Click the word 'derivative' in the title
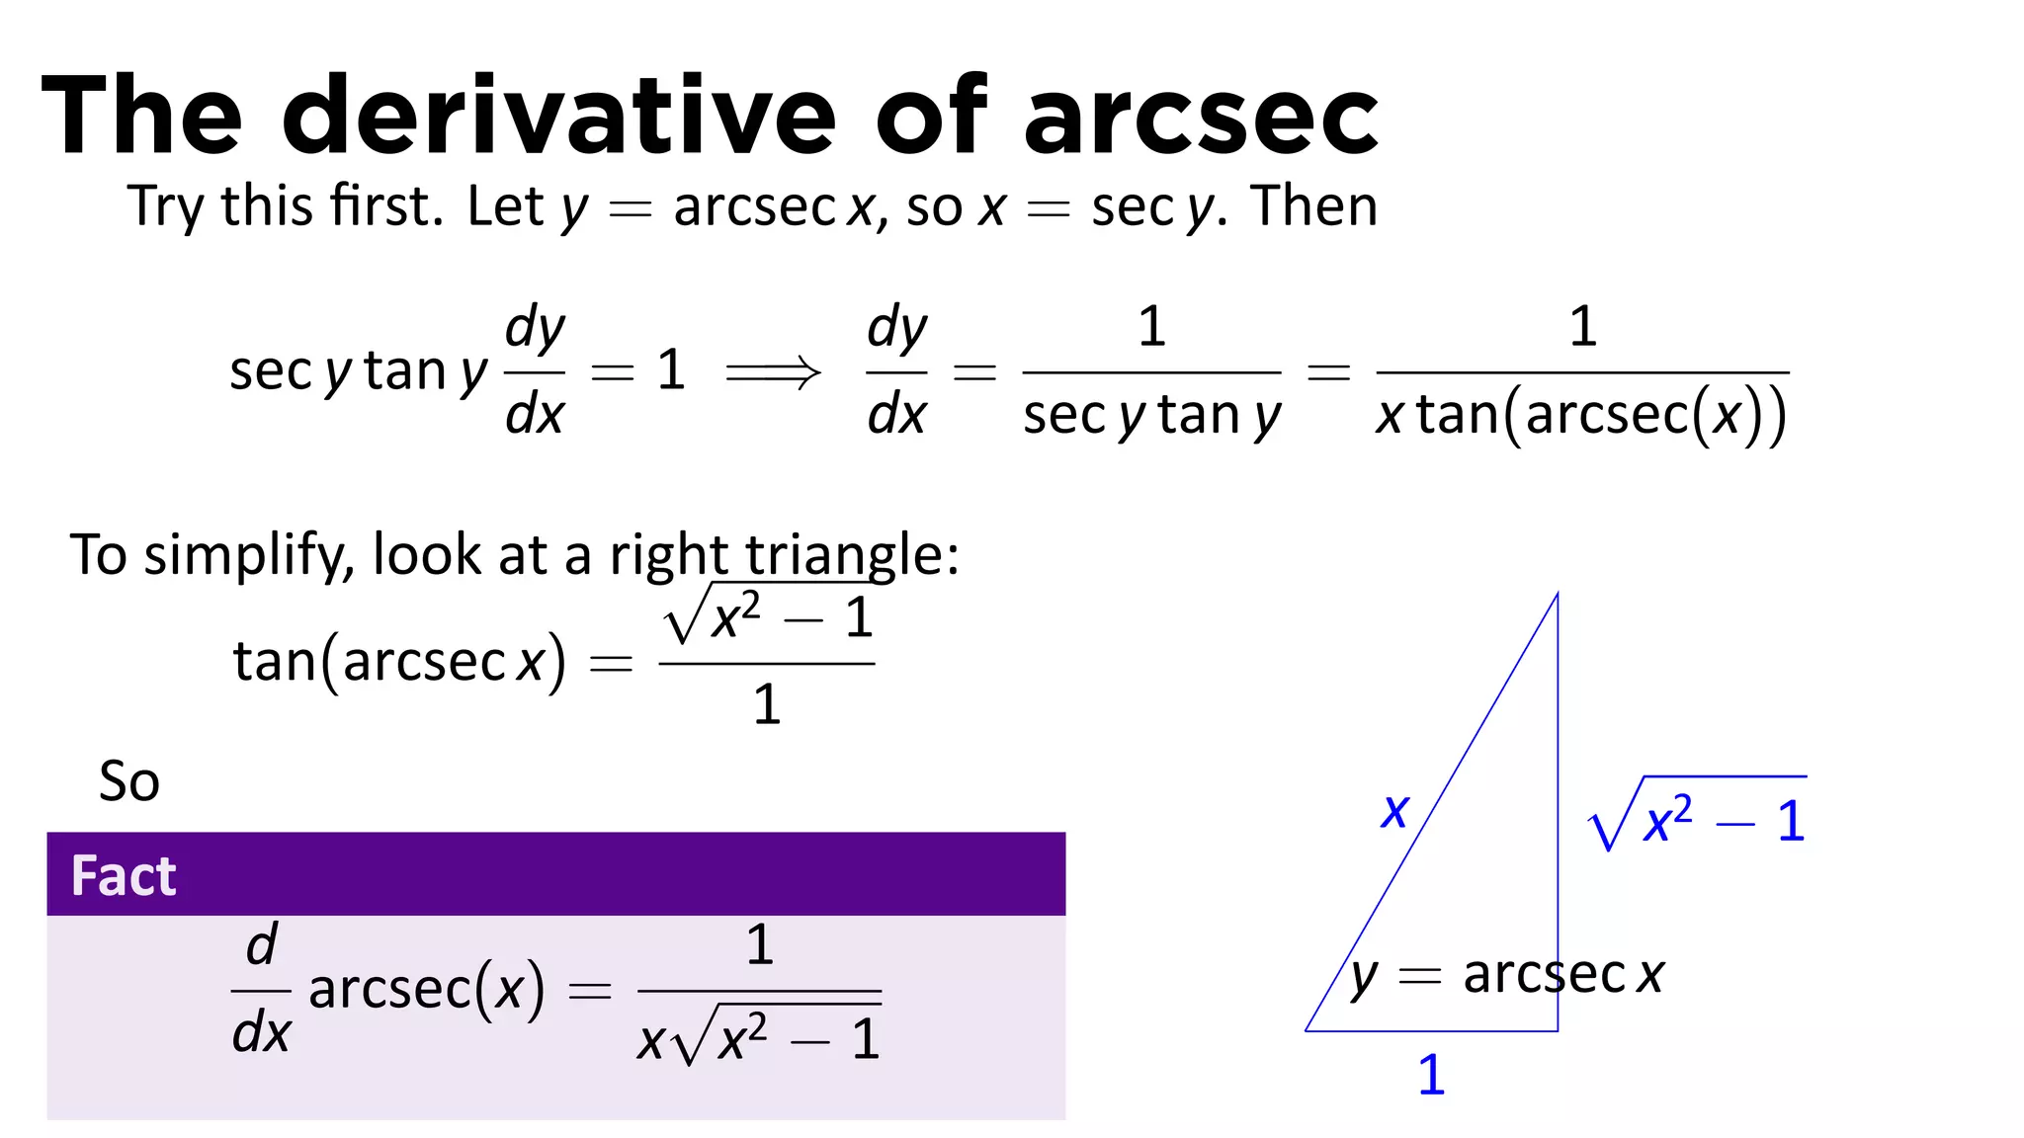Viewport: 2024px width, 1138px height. (559, 117)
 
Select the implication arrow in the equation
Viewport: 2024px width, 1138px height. (773, 372)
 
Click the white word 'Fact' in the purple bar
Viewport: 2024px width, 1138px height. (124, 875)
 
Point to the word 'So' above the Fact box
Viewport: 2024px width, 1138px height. (128, 781)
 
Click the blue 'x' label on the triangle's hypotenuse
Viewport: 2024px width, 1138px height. (1394, 812)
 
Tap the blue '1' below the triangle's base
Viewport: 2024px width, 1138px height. (1431, 1075)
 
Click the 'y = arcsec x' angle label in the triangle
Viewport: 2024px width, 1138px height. (1507, 975)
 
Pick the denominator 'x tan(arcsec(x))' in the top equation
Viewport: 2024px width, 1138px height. (1581, 415)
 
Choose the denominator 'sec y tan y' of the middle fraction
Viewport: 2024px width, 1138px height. (1151, 415)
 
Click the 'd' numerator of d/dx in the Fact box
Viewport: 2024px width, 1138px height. (262, 944)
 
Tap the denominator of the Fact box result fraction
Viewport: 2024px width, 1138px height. (759, 1038)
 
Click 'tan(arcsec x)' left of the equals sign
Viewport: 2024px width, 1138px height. (399, 661)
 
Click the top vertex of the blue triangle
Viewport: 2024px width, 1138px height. (1558, 594)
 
